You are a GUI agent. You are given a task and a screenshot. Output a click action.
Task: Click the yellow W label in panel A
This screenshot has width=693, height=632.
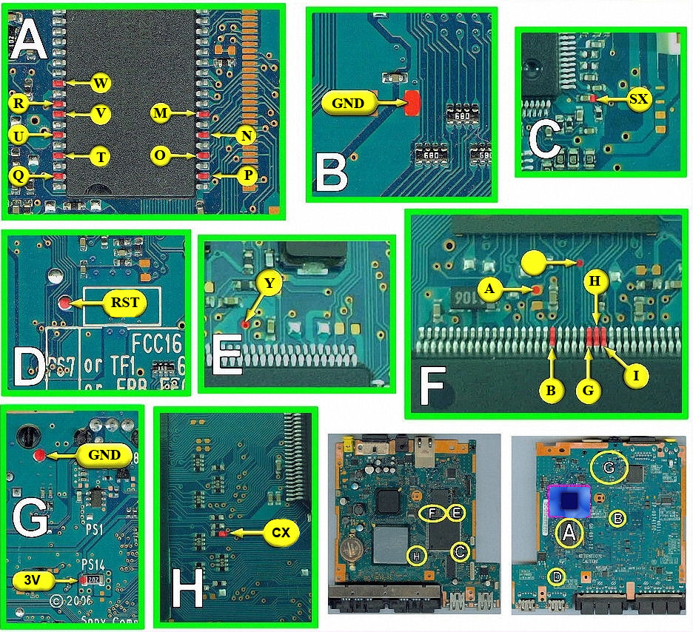[x=101, y=83]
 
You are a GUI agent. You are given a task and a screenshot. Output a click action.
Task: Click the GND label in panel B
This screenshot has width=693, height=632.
[x=348, y=103]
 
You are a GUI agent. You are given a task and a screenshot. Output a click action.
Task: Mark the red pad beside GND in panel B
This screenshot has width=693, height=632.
[x=412, y=104]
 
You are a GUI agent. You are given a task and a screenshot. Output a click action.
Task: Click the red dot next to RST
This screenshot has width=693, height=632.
[x=67, y=303]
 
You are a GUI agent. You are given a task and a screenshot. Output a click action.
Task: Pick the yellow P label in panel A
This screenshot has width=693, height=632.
[x=248, y=177]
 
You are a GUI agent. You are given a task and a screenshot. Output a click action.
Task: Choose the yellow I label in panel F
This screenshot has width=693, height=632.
[x=636, y=375]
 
